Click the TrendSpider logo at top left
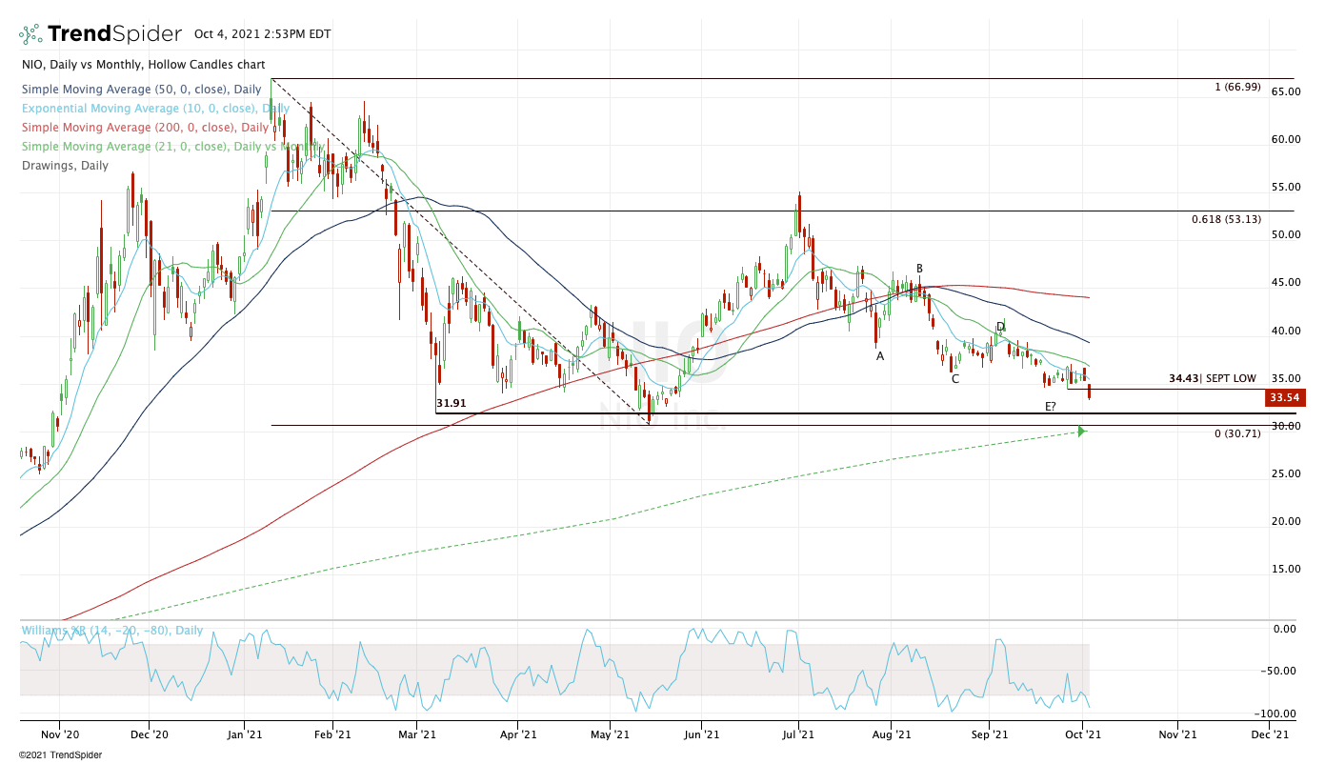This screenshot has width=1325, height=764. pos(100,34)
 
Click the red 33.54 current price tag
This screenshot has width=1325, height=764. pos(1284,398)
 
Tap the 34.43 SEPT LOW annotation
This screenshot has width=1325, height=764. pos(1212,378)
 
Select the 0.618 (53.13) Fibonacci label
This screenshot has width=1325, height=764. pos(1226,219)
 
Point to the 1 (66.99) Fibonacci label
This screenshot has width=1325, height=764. pos(1237,87)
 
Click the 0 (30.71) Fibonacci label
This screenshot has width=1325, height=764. pos(1237,433)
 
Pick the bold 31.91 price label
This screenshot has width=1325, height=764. pos(452,403)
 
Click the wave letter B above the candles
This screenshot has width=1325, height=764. pos(919,269)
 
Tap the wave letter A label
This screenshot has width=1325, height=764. pos(880,355)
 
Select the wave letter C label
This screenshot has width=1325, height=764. pos(954,378)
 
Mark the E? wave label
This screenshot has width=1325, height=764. pos(1050,407)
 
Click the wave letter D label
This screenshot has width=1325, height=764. pos(1000,327)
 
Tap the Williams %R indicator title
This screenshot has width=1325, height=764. pos(111,631)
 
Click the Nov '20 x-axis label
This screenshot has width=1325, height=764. pos(58,734)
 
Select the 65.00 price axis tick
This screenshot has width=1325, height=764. pos(1285,91)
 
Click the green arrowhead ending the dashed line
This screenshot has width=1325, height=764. pos(1081,432)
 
